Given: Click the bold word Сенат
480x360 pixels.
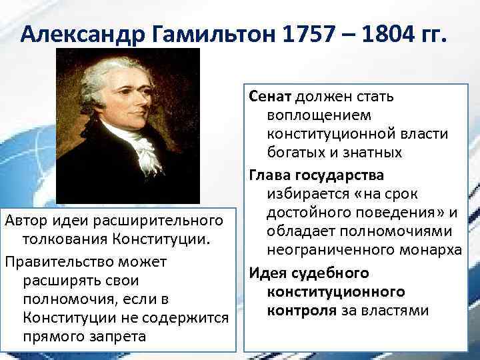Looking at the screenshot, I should coord(271,97).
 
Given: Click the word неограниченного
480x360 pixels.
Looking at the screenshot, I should coord(325,250).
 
